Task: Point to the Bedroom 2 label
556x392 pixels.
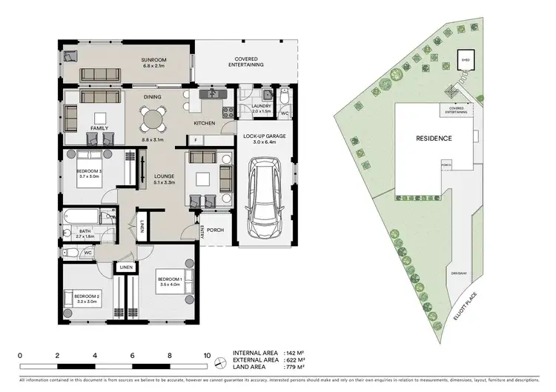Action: [88, 298]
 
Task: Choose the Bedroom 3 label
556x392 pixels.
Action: [88, 174]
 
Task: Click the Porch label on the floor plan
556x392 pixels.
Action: [216, 229]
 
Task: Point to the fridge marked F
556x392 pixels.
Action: [195, 140]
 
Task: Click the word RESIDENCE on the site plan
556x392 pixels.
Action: [434, 138]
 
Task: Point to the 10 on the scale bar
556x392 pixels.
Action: [207, 355]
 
